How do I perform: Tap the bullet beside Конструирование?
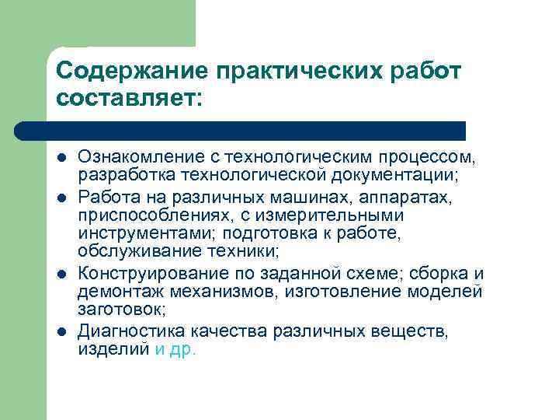tap(61, 274)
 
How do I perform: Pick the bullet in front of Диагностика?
tap(61, 332)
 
